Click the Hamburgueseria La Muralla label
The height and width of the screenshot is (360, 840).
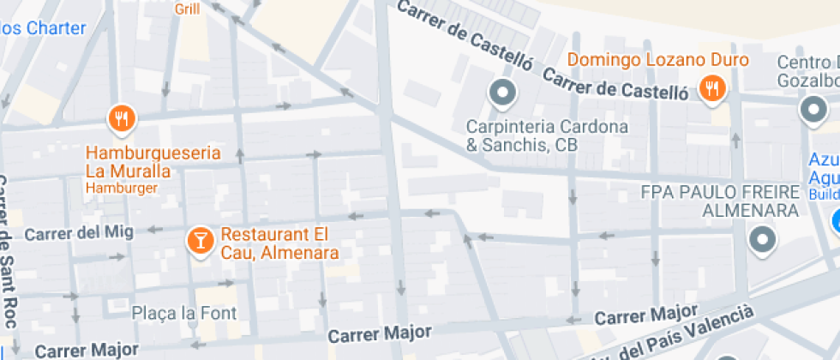153,162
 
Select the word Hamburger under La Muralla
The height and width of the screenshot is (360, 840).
121,188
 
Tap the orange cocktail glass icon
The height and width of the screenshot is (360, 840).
200,241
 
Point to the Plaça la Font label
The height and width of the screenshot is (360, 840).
183,313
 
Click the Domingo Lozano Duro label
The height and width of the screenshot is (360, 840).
658,60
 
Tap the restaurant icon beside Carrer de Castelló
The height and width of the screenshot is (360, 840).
711,88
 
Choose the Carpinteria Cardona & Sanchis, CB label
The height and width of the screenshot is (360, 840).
547,136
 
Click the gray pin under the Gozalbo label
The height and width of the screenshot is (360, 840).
811,110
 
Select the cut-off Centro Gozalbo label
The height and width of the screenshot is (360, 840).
807,71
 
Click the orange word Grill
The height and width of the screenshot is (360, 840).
188,9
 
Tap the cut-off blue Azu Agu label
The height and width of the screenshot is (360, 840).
823,170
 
